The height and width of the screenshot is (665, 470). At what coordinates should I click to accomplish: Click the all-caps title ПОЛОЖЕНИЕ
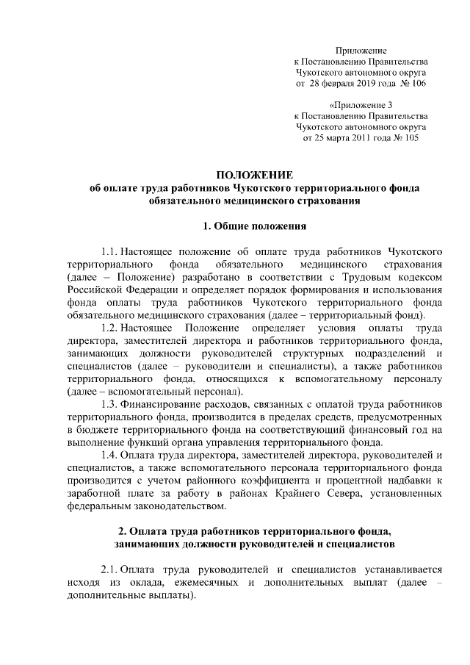click(253, 174)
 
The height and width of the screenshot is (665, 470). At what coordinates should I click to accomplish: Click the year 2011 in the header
click(361, 137)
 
